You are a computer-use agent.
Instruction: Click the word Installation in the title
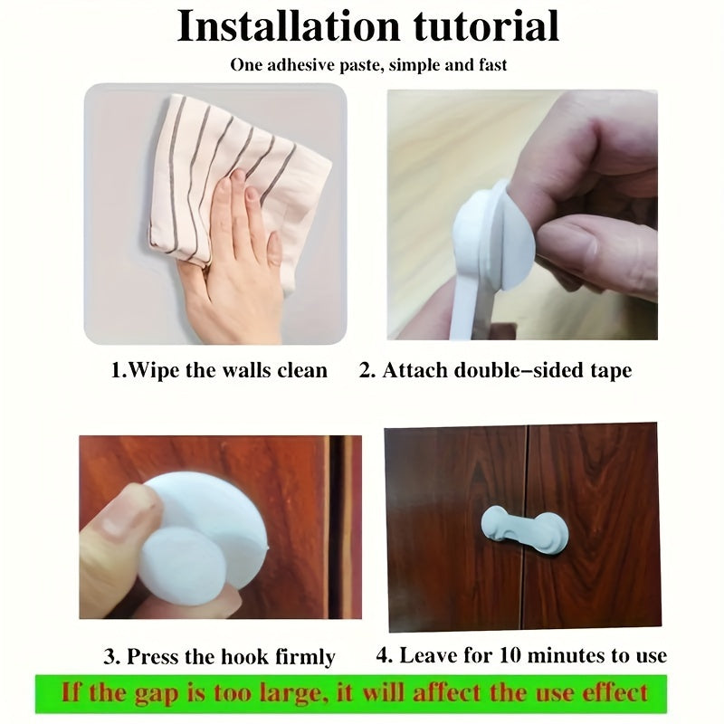[x=289, y=26]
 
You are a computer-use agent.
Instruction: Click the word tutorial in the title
[x=486, y=26]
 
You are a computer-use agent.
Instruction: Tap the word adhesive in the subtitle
[x=301, y=64]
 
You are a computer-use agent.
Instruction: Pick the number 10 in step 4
[x=510, y=655]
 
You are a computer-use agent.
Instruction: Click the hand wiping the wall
[x=235, y=259]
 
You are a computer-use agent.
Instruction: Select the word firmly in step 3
[x=305, y=657]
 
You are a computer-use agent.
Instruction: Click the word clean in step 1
[x=302, y=371]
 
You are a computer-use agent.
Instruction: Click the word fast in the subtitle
[x=492, y=65]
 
